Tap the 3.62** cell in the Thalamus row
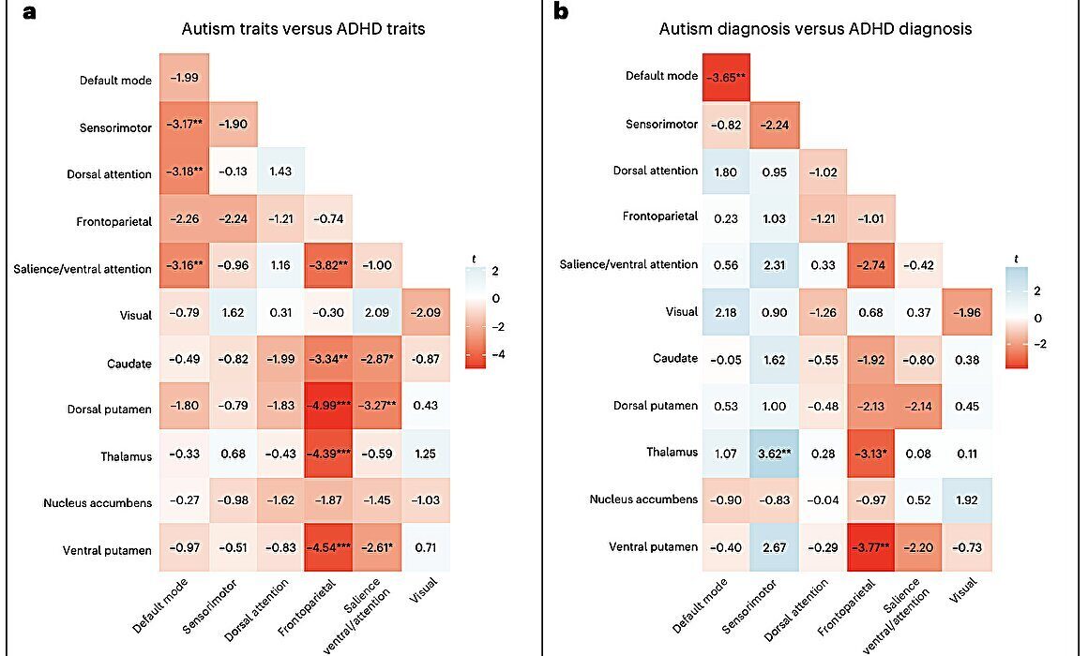tap(774, 452)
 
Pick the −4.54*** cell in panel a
tap(327, 549)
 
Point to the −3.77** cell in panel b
tap(869, 546)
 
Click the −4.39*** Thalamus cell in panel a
tap(327, 455)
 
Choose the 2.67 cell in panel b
tap(774, 546)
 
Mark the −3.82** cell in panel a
tap(327, 269)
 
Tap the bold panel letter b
tap(562, 12)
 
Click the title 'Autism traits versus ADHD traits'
tap(303, 29)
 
